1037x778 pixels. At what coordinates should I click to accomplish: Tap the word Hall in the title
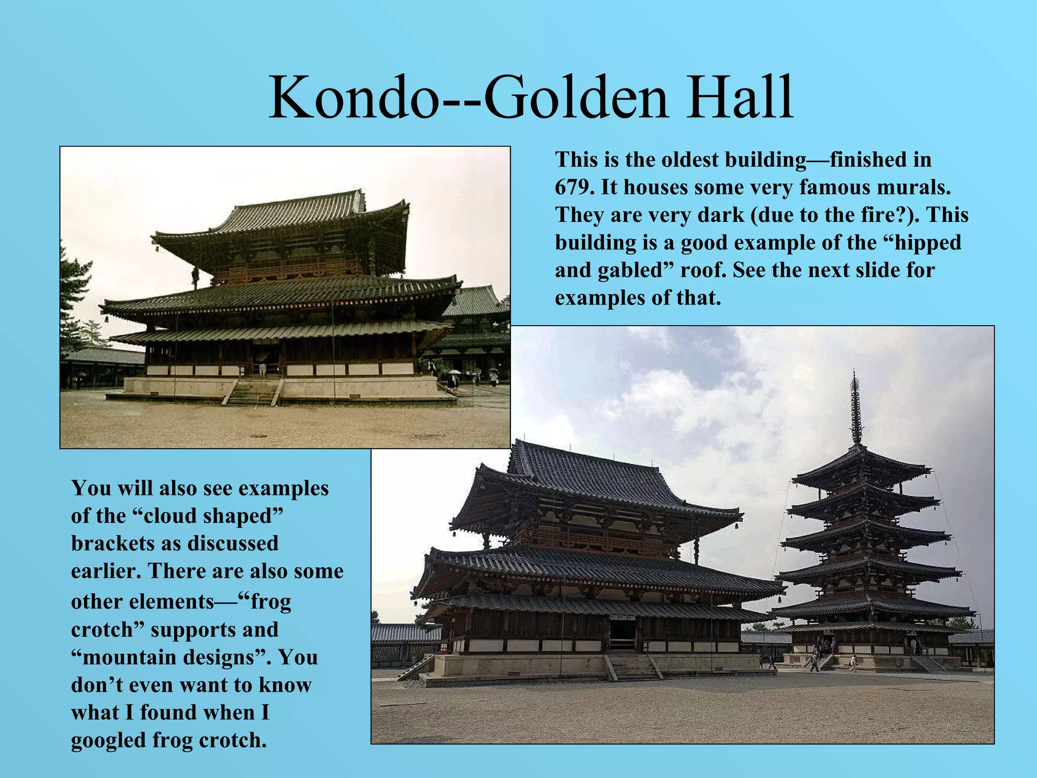[x=740, y=97]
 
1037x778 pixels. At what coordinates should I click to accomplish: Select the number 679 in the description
[x=573, y=187]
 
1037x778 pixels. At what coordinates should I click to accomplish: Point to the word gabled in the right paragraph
[x=635, y=270]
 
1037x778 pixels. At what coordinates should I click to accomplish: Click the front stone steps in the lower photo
[x=633, y=667]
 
